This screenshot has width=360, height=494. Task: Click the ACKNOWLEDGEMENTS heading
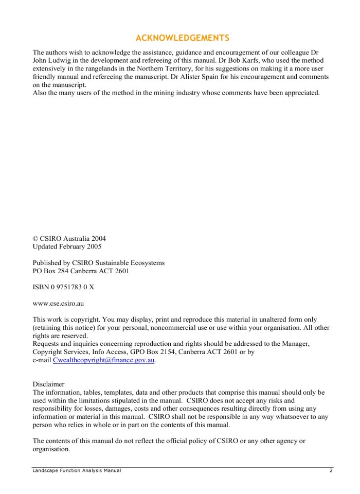tap(182, 38)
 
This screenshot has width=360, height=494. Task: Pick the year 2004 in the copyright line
tap(98, 238)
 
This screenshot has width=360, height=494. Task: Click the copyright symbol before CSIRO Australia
tap(35, 238)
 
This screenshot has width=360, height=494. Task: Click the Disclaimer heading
tap(49, 384)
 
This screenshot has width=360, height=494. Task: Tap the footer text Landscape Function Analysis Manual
tap(77, 471)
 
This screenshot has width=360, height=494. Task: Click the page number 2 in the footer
tap(331, 471)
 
